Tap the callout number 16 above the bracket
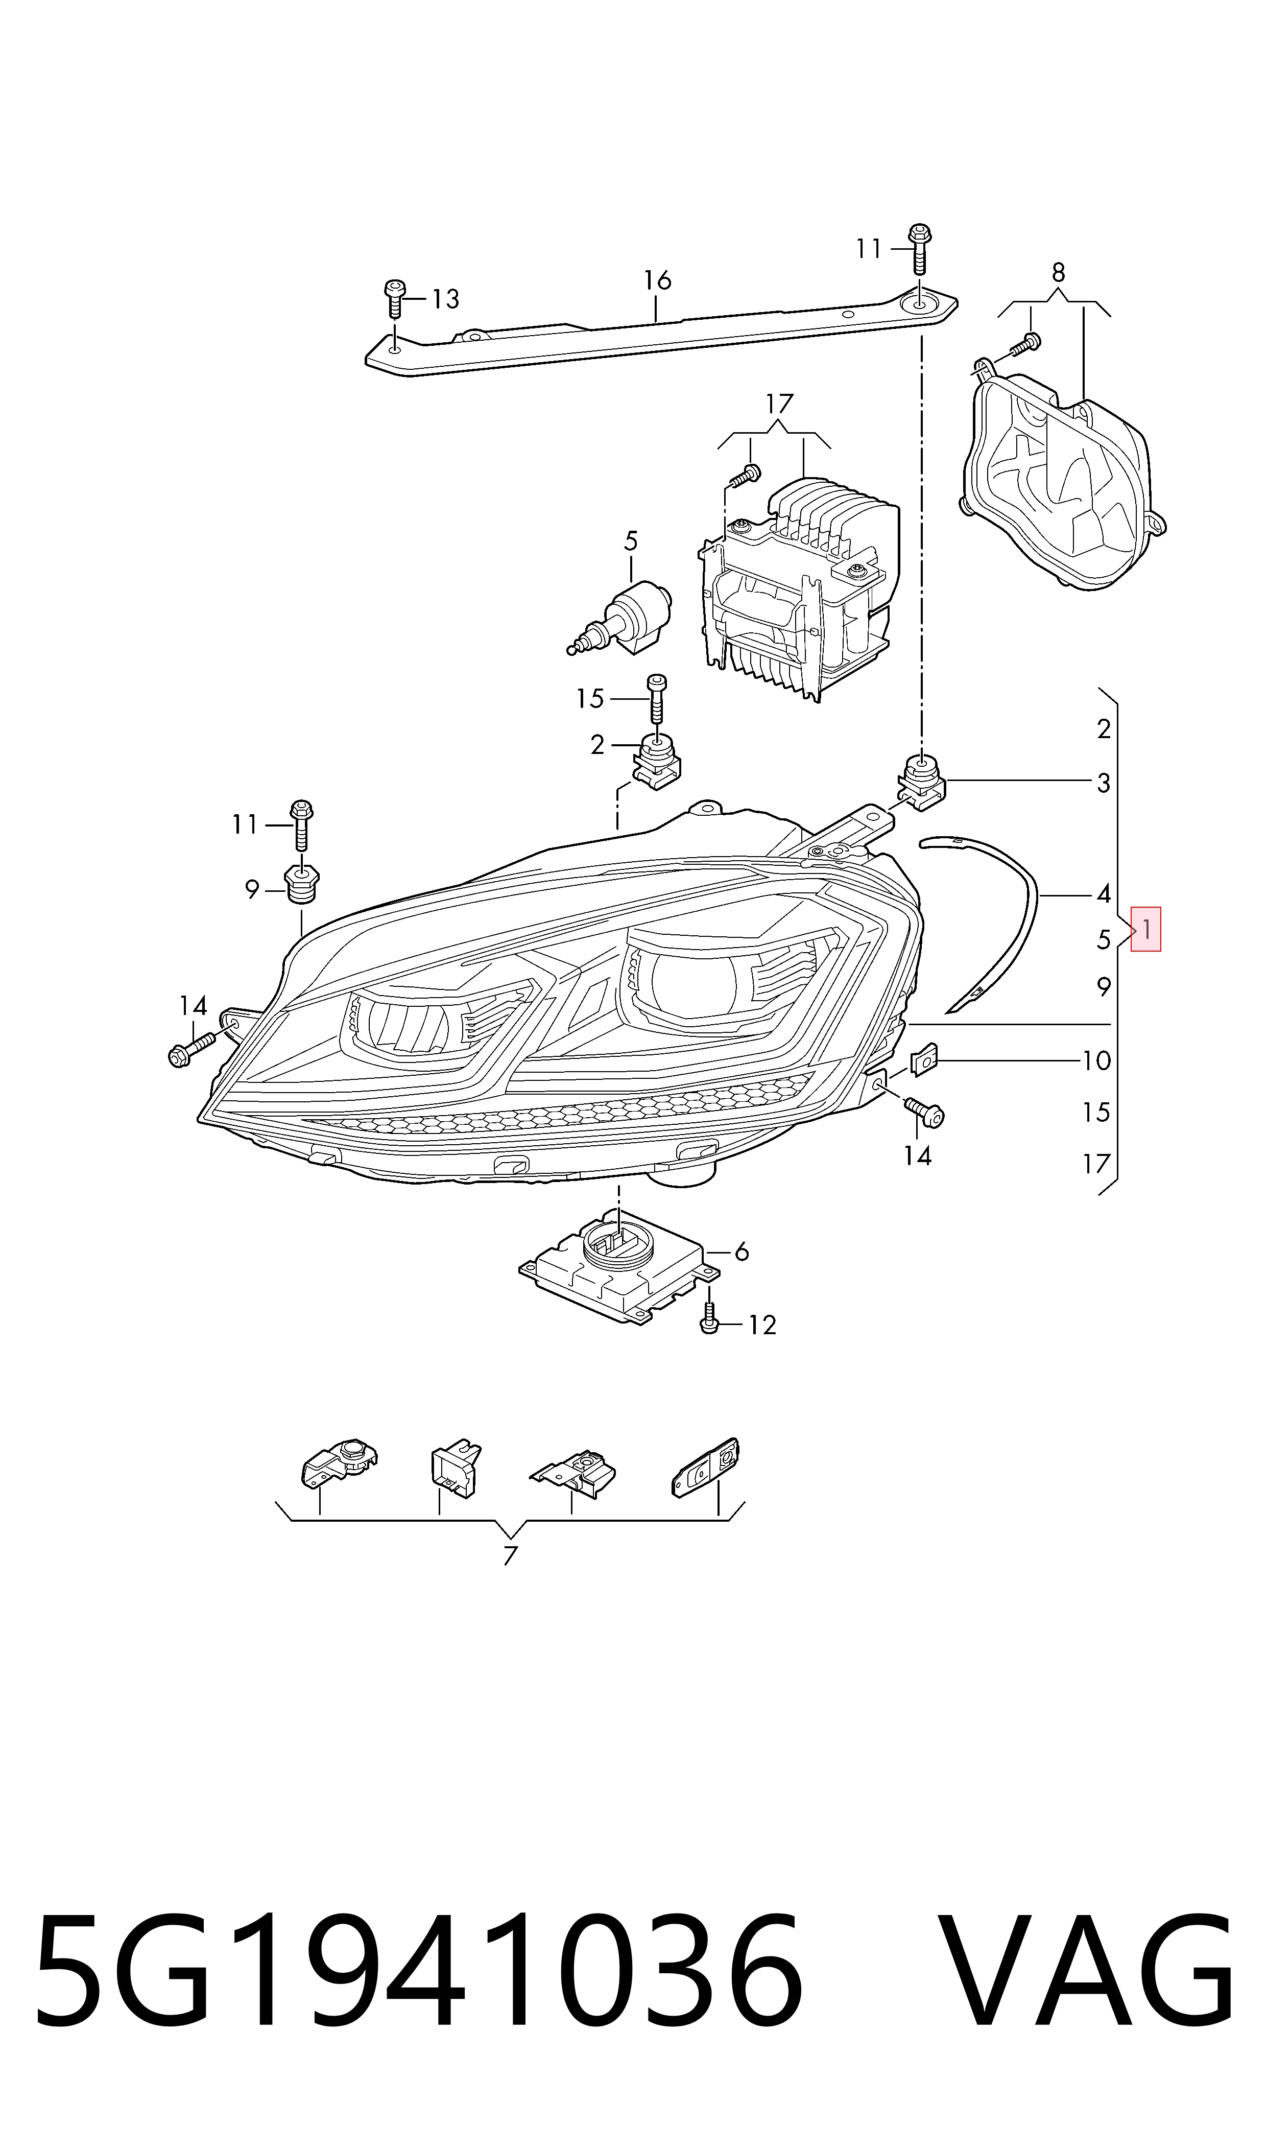coord(657,280)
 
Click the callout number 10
coord(1096,1060)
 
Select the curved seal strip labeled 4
coord(990,919)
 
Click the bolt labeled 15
coord(657,700)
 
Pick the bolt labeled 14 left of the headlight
coord(193,1047)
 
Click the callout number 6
coord(741,1252)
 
